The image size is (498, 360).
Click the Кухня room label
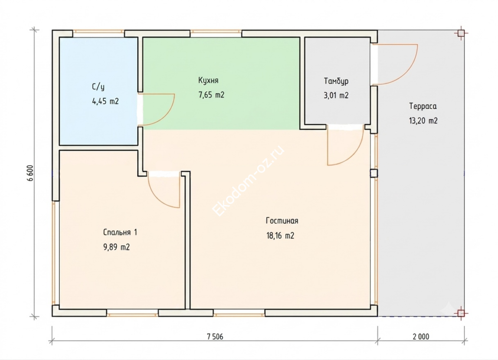point(208,80)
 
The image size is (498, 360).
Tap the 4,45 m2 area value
point(106,101)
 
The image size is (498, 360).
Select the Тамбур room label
point(336,81)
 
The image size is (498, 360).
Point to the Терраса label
point(423,106)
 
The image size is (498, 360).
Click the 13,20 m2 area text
point(424,121)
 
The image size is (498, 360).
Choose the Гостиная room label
point(282,221)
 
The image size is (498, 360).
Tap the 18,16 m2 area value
point(280,236)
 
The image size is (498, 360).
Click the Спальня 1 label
point(120,232)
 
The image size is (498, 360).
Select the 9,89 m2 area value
point(117,247)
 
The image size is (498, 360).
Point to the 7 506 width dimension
point(215,337)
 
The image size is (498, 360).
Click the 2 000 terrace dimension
point(421,337)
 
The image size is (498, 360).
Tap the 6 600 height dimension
point(31,173)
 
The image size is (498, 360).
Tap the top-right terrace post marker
point(461,33)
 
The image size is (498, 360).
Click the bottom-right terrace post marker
point(461,314)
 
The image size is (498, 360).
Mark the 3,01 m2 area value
point(336,95)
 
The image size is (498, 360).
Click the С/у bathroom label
point(98,87)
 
